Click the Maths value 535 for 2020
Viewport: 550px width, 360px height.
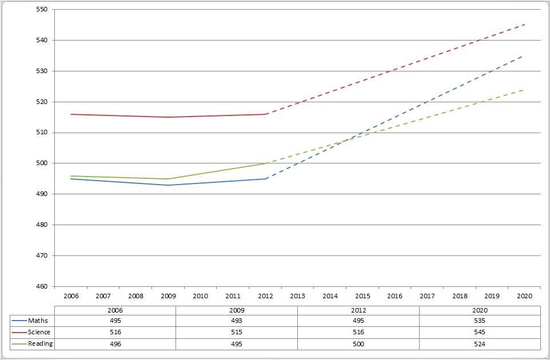(x=479, y=321)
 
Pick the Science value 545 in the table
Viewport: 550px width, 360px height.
(x=479, y=332)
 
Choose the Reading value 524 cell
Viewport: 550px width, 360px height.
(x=479, y=344)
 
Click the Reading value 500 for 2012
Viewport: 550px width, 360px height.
(x=358, y=344)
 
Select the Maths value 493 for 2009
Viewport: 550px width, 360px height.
(x=236, y=321)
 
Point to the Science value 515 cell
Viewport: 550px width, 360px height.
(x=236, y=332)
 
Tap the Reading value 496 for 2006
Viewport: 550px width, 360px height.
(x=115, y=344)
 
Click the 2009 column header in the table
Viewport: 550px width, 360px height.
(x=236, y=309)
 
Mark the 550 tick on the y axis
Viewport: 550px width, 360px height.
(x=42, y=10)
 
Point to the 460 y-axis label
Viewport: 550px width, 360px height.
(x=42, y=286)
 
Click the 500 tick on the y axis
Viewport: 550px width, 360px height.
(x=42, y=163)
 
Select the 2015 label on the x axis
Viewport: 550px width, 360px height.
(x=362, y=296)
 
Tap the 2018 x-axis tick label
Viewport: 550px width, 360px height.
(x=460, y=296)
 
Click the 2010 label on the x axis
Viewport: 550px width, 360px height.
(x=201, y=296)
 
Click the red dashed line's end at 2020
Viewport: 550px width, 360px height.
(x=524, y=25)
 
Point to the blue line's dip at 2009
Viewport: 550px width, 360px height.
(x=168, y=185)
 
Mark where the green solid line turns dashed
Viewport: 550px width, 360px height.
(x=265, y=163)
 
